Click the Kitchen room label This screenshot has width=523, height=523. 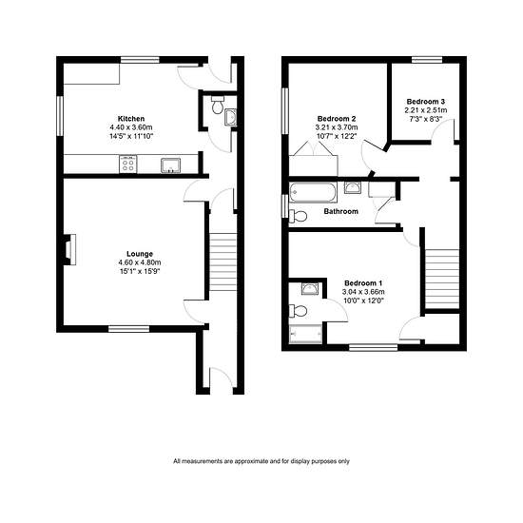tap(131, 119)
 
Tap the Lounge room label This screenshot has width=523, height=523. tap(140, 254)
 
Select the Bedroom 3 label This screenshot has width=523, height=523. tap(426, 102)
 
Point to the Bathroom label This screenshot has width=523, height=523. tap(340, 211)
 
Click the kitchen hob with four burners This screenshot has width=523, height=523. tap(128, 165)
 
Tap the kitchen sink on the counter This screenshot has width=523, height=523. tap(171, 165)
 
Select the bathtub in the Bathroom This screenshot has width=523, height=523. tap(313, 192)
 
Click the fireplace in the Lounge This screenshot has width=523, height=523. tap(69, 249)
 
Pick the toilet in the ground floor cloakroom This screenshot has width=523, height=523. tap(218, 105)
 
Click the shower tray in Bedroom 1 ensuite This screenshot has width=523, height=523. tap(306, 334)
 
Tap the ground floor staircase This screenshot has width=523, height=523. tap(223, 261)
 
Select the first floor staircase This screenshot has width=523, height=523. tap(442, 280)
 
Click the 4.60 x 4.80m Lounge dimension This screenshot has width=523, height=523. tap(140, 262)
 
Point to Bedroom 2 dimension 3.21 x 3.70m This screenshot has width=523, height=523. tap(337, 127)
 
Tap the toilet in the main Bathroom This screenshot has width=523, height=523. tap(298, 216)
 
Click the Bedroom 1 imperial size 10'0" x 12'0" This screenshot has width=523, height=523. tap(363, 300)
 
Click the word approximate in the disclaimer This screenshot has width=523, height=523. tap(251, 461)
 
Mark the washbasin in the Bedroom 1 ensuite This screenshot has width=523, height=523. tap(310, 288)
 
